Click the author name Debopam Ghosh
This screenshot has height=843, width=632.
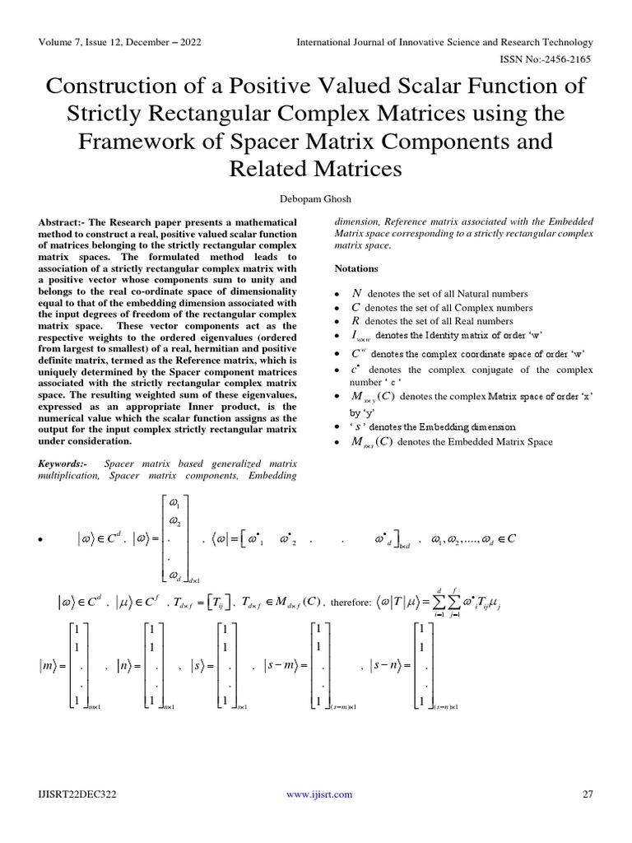(x=316, y=198)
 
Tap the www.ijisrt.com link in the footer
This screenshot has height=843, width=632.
(x=319, y=794)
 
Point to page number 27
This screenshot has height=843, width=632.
(x=587, y=794)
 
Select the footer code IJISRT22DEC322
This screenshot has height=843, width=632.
(x=78, y=794)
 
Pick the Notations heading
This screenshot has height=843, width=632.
(x=356, y=269)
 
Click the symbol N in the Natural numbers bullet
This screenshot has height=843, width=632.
(x=356, y=293)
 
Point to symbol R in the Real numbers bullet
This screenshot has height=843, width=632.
(x=355, y=321)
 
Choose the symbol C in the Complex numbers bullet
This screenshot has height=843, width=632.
(x=355, y=307)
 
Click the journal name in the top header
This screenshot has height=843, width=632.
(x=444, y=41)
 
